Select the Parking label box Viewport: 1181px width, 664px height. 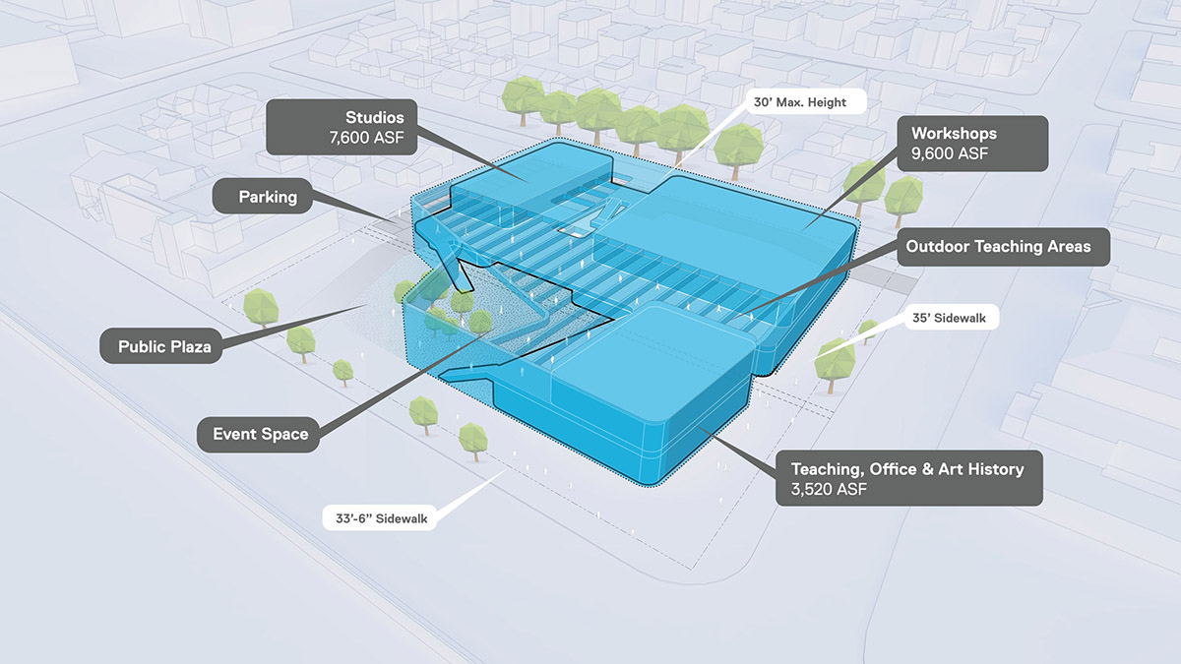click(268, 197)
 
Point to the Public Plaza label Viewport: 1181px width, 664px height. click(164, 346)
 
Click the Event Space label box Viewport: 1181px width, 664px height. click(261, 434)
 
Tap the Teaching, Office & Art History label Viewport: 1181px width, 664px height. click(908, 478)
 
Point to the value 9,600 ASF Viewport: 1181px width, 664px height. click(949, 153)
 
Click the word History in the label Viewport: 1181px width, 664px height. click(989, 468)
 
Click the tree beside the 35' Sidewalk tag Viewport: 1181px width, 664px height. click(835, 360)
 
